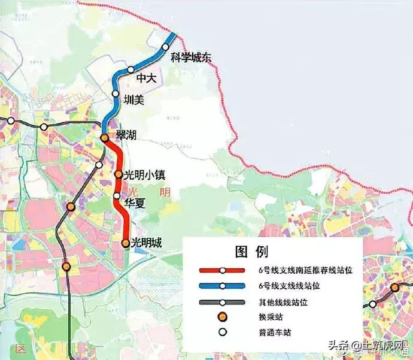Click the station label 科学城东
[191, 58]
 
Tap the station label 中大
[146, 78]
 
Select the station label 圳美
[133, 100]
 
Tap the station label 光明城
[146, 243]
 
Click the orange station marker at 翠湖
[104, 138]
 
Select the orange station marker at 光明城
[125, 243]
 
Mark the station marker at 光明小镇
[119, 175]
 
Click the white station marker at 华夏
[117, 196]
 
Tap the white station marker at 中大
[131, 70]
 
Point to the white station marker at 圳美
[116, 93]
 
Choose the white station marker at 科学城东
[166, 47]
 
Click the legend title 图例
[256, 252]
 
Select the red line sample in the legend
[222, 271]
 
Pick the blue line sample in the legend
[222, 286]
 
